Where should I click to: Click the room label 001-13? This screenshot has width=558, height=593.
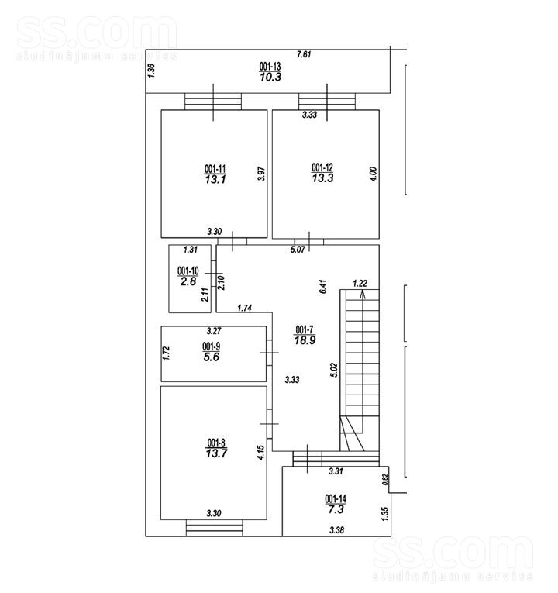(x=270, y=66)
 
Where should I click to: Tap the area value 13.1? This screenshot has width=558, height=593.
(x=215, y=179)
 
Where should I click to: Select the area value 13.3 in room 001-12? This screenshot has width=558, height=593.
(x=322, y=178)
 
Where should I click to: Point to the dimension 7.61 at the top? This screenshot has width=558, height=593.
(x=304, y=54)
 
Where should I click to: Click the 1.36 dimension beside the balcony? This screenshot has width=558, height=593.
(x=151, y=71)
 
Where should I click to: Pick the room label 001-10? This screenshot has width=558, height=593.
(x=188, y=271)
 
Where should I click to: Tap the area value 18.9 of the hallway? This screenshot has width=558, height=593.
(x=305, y=340)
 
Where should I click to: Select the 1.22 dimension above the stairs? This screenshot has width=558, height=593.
(x=360, y=283)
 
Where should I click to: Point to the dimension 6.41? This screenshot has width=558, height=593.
(x=322, y=287)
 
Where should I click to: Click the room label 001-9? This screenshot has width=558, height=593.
(x=212, y=346)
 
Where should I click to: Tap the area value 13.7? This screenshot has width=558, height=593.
(x=216, y=453)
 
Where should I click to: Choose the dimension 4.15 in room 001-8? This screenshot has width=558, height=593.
(x=260, y=453)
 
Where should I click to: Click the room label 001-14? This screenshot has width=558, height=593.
(x=336, y=499)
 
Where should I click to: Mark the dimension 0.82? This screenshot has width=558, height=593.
(x=385, y=480)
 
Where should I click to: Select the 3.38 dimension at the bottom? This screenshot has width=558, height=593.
(x=336, y=530)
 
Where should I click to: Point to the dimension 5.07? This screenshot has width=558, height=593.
(x=298, y=250)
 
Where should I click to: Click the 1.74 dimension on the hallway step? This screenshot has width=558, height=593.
(x=245, y=309)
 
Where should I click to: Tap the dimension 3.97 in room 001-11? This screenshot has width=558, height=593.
(x=261, y=174)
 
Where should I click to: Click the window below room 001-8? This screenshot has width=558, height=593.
(x=215, y=528)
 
